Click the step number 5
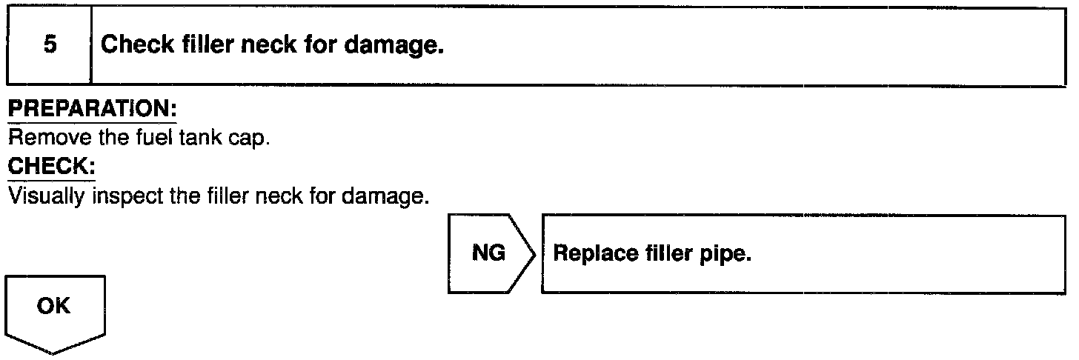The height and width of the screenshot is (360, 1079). point(49,46)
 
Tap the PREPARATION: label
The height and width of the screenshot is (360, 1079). point(92,109)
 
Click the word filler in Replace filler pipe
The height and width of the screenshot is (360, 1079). point(665,254)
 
